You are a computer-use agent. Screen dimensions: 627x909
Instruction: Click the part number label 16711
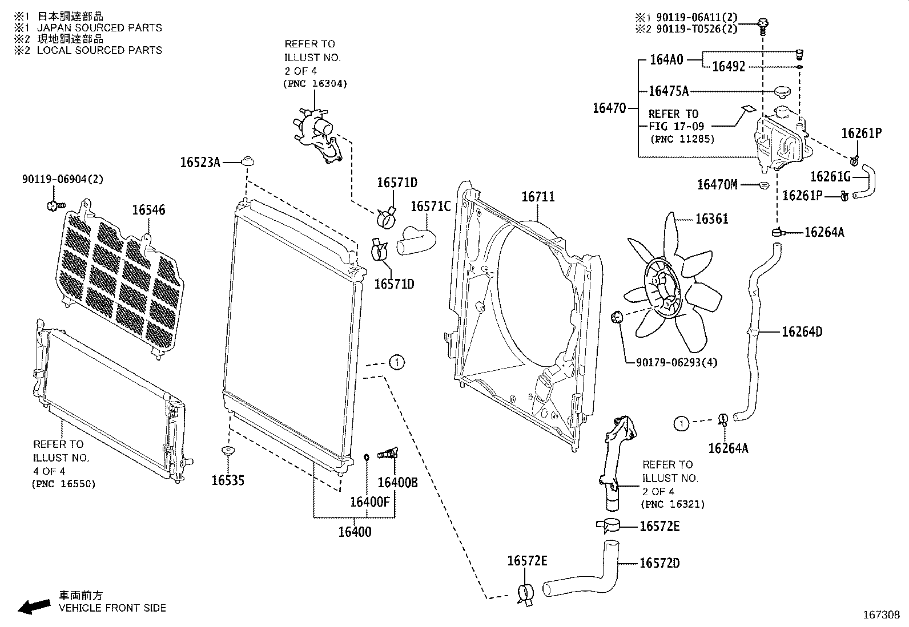point(538,197)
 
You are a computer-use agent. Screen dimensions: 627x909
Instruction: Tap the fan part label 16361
point(711,219)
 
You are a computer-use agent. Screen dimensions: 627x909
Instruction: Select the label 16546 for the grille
point(148,211)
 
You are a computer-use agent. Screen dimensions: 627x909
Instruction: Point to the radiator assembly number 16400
point(355,532)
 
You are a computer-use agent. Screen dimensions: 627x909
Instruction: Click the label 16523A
point(200,163)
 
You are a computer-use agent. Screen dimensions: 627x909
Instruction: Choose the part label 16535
point(228,480)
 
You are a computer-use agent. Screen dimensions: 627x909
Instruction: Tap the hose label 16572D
point(659,564)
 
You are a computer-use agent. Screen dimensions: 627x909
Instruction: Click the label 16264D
point(802,332)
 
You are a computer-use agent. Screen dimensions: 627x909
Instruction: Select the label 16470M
point(717,185)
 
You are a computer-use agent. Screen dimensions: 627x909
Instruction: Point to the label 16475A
point(669,91)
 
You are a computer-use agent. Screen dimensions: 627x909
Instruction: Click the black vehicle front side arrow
point(34,606)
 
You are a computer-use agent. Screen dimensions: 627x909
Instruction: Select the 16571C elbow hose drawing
point(416,240)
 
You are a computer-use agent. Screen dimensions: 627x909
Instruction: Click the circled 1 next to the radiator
point(397,362)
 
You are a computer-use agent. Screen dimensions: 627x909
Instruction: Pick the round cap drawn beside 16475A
point(781,91)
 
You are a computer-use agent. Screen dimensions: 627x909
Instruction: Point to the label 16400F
point(369,502)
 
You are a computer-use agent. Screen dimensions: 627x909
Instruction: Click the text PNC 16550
point(63,484)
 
